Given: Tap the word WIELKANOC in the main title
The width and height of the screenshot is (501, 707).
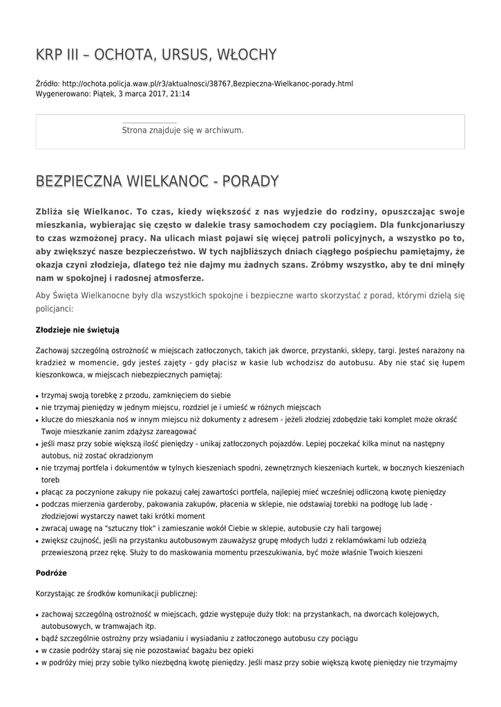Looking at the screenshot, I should [168, 182].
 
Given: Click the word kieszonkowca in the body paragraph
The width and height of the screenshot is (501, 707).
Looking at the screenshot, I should [62, 374].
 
